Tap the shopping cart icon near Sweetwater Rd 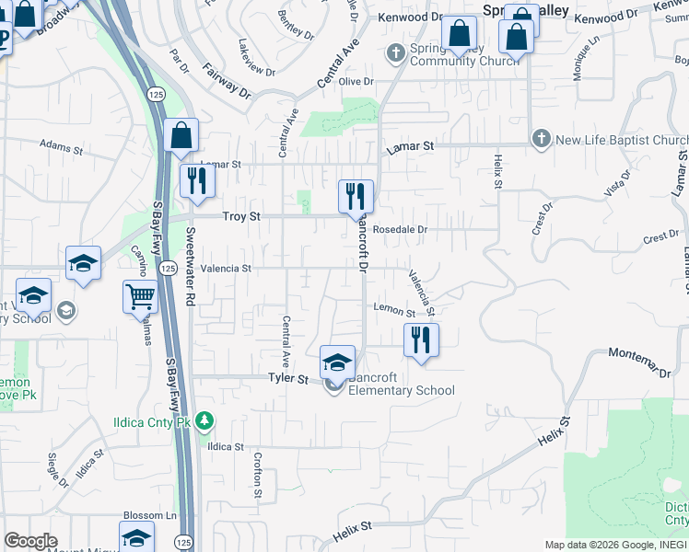(140, 296)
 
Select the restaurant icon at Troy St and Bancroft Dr (356, 196)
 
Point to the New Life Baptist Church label (622, 140)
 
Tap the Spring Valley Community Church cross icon (396, 52)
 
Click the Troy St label (242, 216)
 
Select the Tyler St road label (286, 378)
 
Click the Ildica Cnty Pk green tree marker (204, 421)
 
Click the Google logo (30, 541)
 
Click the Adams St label (61, 145)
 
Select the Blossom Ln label (150, 516)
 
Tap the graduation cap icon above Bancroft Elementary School (337, 362)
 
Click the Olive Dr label (356, 82)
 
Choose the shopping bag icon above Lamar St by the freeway (182, 135)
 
